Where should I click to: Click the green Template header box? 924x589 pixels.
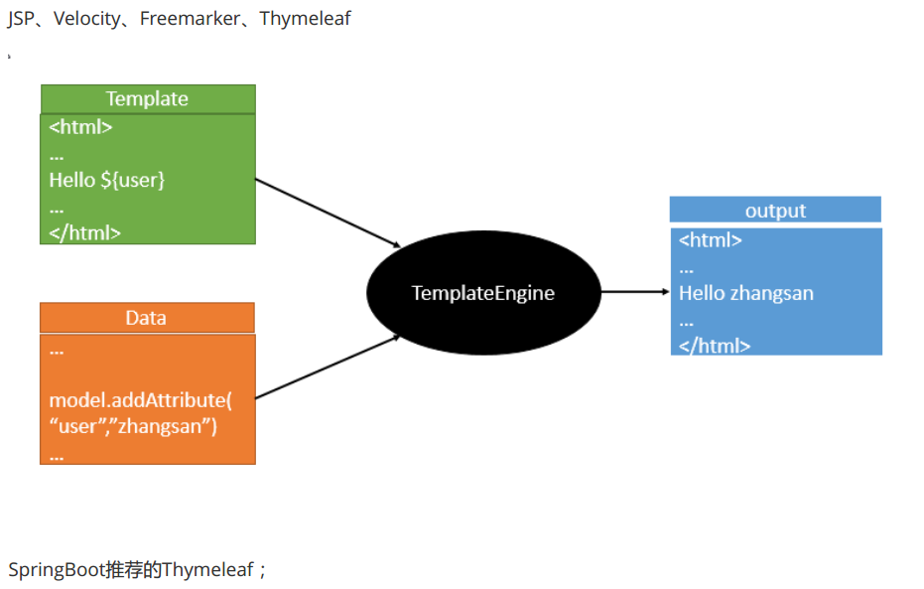click(x=147, y=98)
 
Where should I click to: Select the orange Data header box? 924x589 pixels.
click(x=146, y=318)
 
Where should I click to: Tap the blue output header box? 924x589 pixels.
click(x=775, y=211)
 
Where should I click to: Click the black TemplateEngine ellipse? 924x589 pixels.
click(x=483, y=293)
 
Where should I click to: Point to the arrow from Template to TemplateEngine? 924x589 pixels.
click(x=328, y=213)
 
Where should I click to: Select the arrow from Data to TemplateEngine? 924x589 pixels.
click(x=328, y=367)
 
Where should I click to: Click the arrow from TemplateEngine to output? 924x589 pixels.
click(x=635, y=292)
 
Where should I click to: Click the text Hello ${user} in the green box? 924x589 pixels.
click(x=107, y=181)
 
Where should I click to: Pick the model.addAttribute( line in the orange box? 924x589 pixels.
click(x=140, y=400)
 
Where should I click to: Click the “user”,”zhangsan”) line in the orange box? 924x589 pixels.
click(x=133, y=427)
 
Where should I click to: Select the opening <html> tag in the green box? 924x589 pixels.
click(x=80, y=127)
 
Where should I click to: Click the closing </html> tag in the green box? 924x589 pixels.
click(x=84, y=233)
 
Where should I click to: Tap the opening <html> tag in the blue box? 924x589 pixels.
click(x=710, y=239)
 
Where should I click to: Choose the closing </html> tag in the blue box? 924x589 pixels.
click(x=714, y=346)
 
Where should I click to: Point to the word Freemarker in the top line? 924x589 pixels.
click(x=189, y=19)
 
